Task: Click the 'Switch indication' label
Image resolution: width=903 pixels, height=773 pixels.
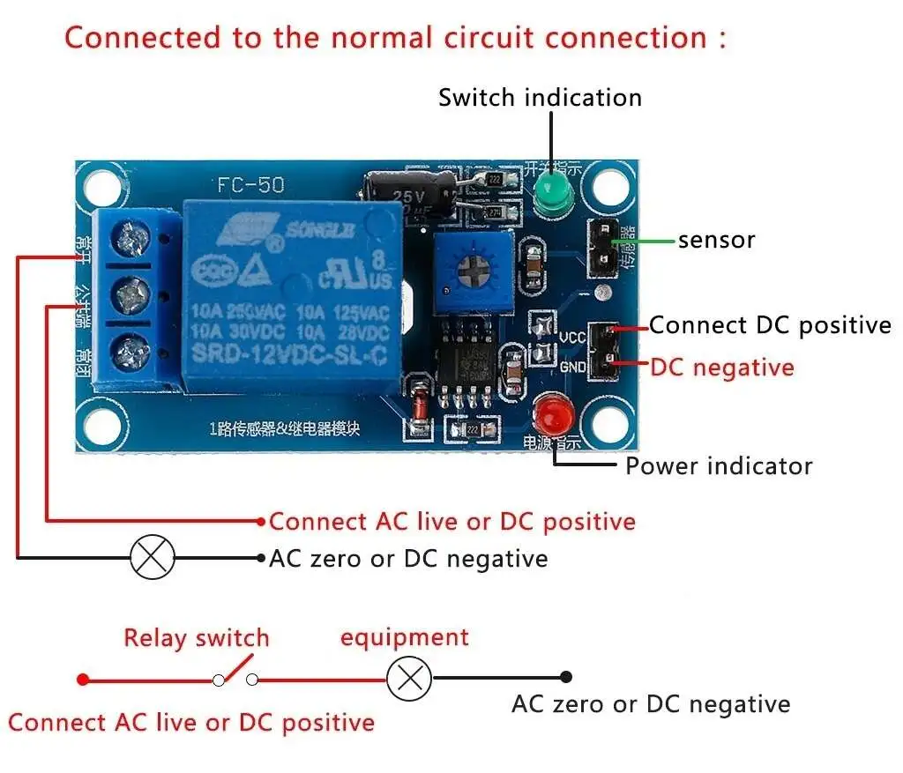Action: tap(540, 97)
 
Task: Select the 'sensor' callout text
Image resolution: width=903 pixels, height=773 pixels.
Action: tap(716, 240)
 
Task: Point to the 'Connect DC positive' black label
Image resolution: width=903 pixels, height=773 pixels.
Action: tap(770, 325)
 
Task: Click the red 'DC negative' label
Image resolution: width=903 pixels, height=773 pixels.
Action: tap(721, 367)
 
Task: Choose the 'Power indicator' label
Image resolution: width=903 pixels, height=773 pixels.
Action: tap(719, 465)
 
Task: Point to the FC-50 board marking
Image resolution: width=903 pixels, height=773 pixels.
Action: tap(244, 186)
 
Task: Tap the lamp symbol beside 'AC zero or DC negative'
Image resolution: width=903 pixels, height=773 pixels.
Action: tap(153, 557)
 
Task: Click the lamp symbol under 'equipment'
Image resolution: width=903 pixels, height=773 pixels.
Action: tap(409, 678)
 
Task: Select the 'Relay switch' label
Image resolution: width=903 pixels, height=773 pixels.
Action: tap(196, 637)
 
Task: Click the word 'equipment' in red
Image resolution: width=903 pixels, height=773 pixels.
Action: tap(405, 637)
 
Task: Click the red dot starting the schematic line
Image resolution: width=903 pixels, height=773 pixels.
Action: tap(83, 679)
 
